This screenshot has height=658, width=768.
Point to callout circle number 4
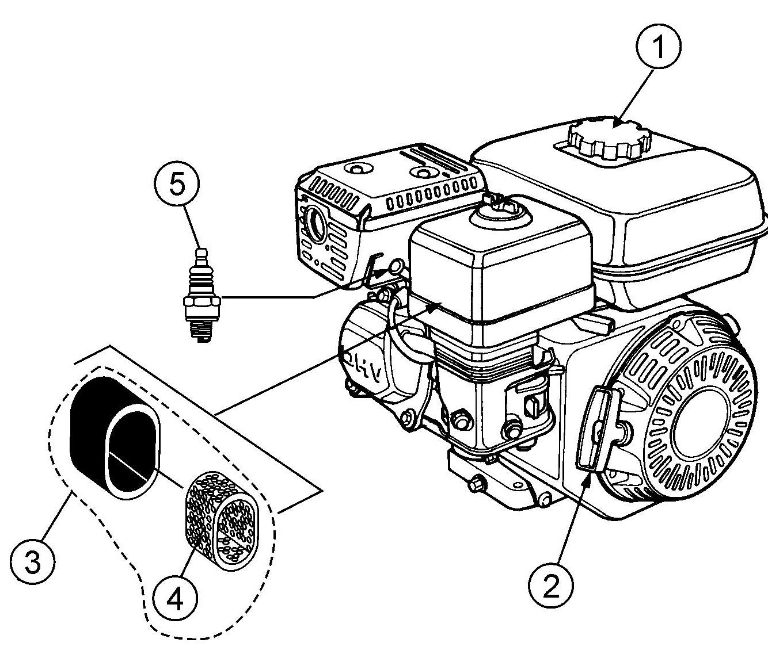coord(175,600)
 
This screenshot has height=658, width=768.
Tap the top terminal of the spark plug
coord(200,253)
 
